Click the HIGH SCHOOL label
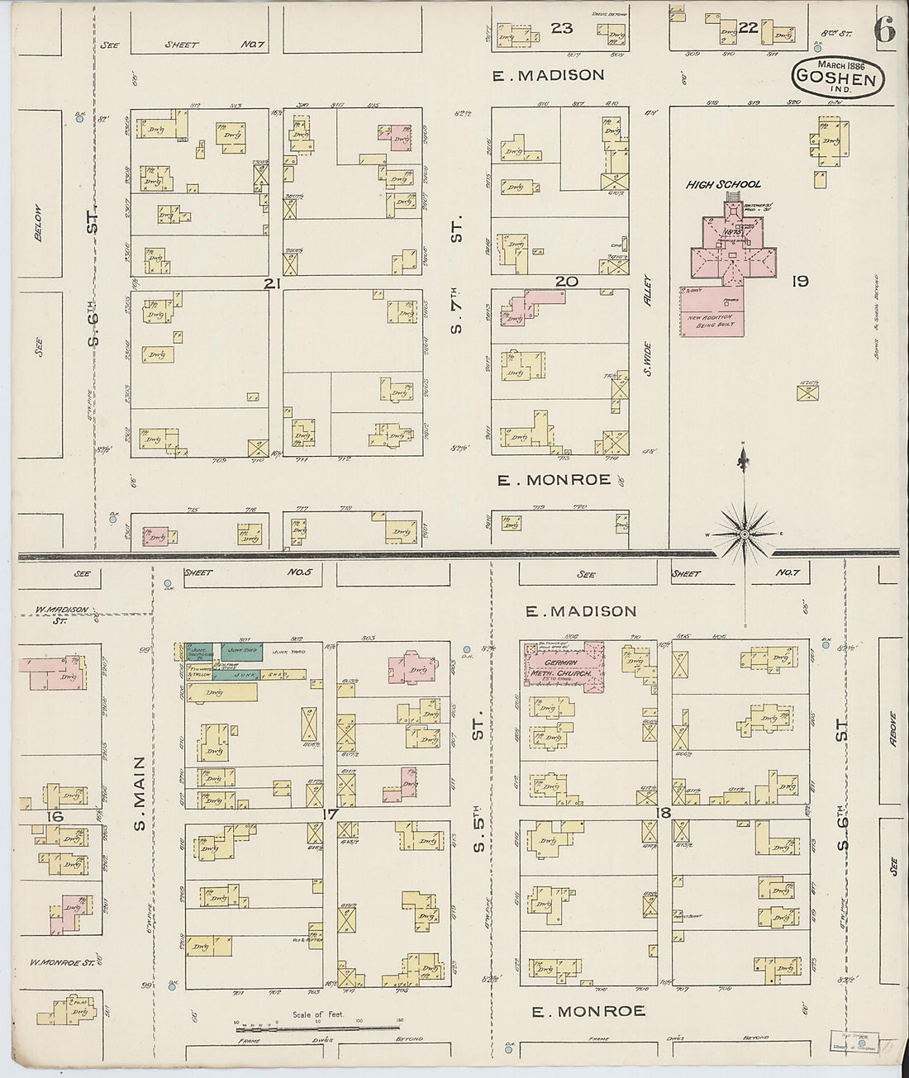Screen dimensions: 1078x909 [x=723, y=184]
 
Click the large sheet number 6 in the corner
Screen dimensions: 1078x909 [x=883, y=31]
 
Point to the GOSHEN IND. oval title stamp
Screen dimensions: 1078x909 [x=838, y=78]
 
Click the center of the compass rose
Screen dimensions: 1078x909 [x=745, y=534]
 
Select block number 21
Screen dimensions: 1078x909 [x=269, y=283]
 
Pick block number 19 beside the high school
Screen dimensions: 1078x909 [x=799, y=281]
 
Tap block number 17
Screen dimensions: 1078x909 [x=330, y=814]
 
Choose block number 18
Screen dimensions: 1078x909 [x=662, y=813]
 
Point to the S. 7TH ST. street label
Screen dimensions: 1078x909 [x=456, y=274]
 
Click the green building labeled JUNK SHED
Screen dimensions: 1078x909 [x=241, y=651]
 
